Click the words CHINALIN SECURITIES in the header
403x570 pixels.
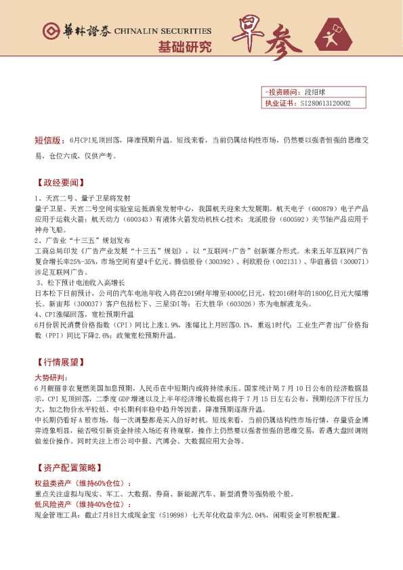coord(163,31)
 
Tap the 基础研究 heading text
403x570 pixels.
coord(184,47)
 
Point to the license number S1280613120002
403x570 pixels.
coord(324,104)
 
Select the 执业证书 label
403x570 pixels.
coord(279,104)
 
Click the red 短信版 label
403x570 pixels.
coord(49,141)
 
